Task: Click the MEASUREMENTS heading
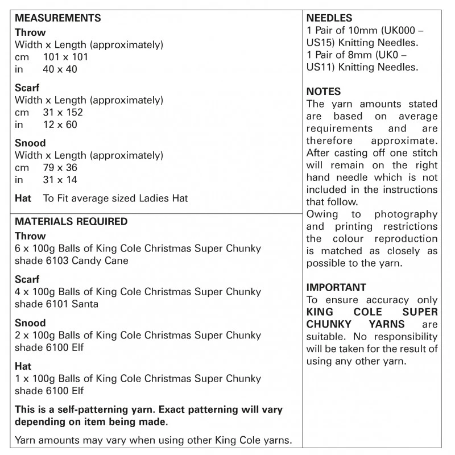[57, 18]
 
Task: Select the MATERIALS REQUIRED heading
[71, 221]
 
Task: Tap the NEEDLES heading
[329, 18]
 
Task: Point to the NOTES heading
[324, 92]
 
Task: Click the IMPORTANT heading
[336, 287]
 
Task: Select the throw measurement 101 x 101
[65, 57]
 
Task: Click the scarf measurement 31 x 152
[63, 113]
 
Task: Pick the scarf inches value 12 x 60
[60, 125]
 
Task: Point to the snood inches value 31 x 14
[60, 180]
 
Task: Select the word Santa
[85, 304]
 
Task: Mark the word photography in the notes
[406, 214]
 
